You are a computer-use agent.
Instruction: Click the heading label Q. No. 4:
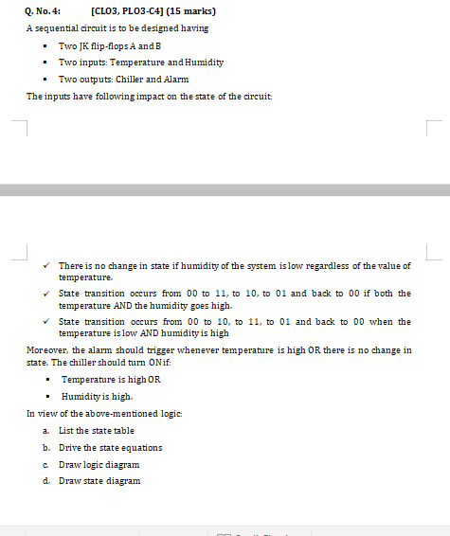[44, 11]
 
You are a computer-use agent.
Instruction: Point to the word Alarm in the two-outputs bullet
[175, 79]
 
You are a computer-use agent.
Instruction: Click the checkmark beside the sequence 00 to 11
[47, 294]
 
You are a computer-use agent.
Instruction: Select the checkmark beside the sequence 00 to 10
[47, 321]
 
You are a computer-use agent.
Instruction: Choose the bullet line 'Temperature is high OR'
[111, 379]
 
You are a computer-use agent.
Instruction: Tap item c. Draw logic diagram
[99, 464]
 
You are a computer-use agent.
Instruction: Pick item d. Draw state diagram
[99, 481]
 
